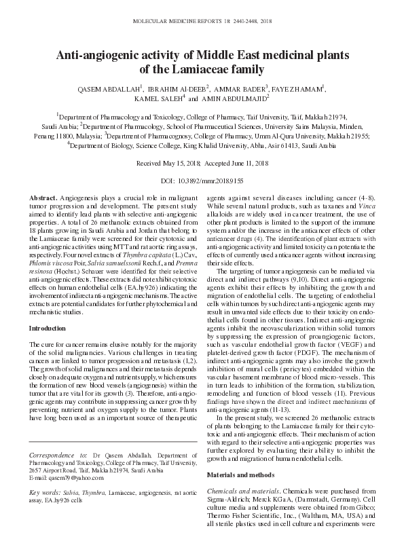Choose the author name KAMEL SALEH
156,98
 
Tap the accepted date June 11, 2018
247,164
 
